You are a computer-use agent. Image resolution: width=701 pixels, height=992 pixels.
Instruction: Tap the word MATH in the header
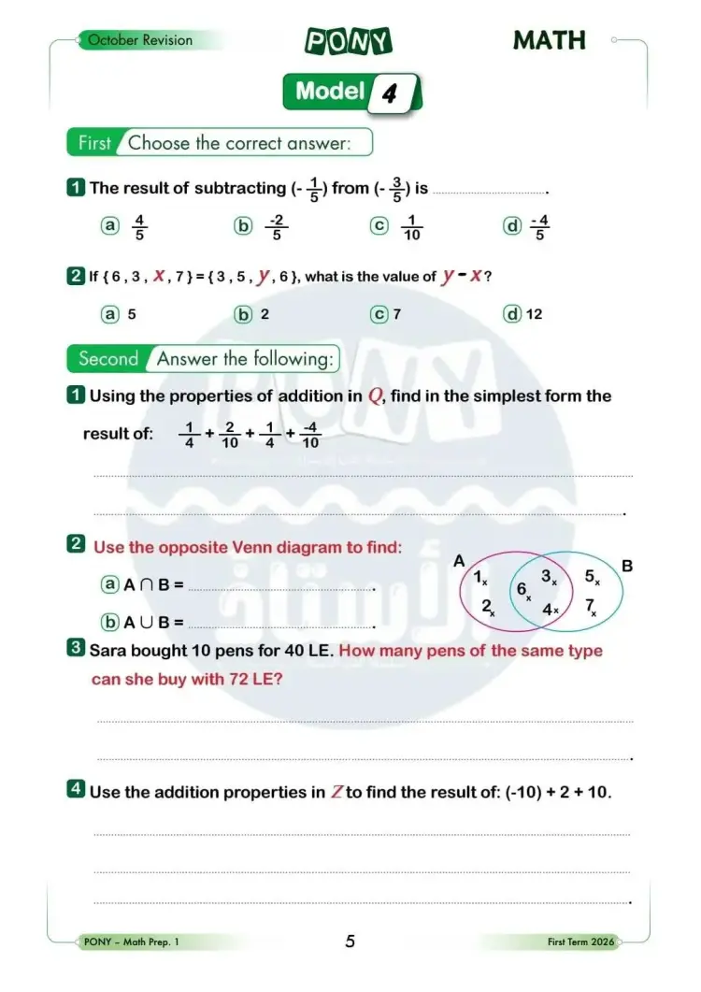[x=550, y=41]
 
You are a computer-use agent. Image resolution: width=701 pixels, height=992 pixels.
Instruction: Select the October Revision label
[x=139, y=40]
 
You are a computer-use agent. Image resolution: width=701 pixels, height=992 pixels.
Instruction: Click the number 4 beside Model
[x=390, y=93]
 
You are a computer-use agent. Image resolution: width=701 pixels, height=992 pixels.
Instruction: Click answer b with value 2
[x=265, y=314]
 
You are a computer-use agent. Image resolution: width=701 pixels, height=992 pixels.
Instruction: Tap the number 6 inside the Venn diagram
[x=522, y=589]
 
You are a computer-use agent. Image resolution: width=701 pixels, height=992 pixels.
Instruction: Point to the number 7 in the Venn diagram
[x=591, y=606]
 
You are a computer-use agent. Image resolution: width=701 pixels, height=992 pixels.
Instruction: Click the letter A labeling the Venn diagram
[x=459, y=561]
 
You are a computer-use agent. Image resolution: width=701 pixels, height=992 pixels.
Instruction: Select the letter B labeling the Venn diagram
[x=627, y=566]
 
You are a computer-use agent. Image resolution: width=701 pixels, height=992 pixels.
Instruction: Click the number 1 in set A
[x=478, y=578]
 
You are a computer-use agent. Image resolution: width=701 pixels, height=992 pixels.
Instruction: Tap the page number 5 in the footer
[x=350, y=942]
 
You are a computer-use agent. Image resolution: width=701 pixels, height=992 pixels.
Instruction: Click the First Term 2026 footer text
[x=581, y=942]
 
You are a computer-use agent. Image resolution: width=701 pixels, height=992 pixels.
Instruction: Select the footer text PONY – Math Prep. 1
[x=131, y=942]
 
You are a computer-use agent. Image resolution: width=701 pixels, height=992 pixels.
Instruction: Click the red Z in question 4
[x=337, y=793]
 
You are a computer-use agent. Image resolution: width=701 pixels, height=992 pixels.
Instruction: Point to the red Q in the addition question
[x=375, y=395]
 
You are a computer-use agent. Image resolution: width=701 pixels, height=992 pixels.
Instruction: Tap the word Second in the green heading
[x=108, y=358]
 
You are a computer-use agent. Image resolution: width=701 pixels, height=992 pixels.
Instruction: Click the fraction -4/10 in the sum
[x=311, y=435]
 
